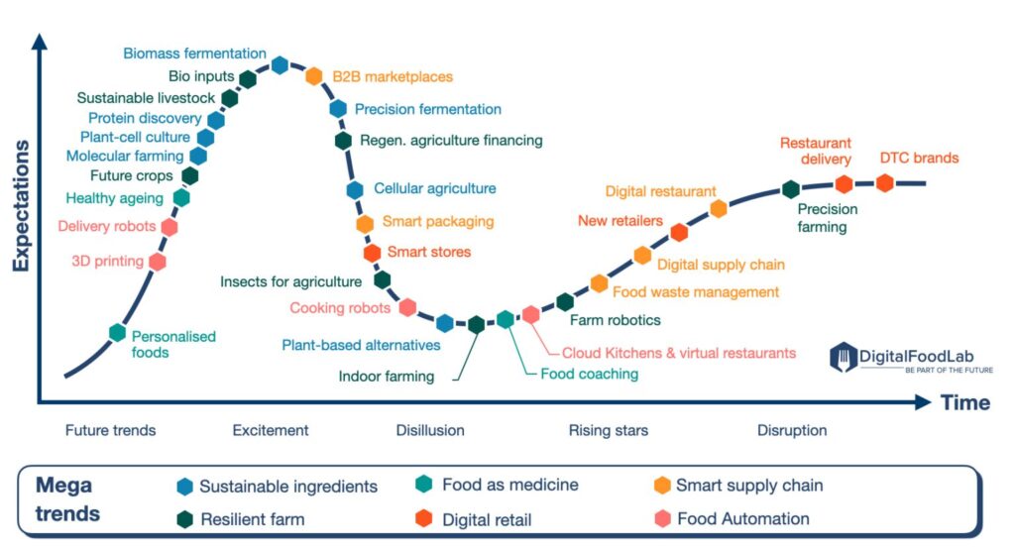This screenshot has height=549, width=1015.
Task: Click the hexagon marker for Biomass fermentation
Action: click(x=280, y=64)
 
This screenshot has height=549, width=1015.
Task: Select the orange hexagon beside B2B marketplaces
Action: click(x=314, y=75)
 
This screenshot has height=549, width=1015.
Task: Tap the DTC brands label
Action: click(x=919, y=158)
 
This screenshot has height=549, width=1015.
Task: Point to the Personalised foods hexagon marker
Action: click(x=117, y=333)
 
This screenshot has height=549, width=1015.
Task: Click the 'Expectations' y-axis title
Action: click(x=21, y=206)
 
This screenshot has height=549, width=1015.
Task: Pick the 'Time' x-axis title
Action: click(x=965, y=402)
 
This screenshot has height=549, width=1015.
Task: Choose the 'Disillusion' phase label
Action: click(x=430, y=430)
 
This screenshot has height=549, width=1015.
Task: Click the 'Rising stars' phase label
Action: click(x=608, y=430)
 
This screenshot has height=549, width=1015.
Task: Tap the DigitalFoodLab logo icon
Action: click(x=843, y=357)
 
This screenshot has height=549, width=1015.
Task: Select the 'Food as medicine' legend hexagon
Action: click(x=424, y=485)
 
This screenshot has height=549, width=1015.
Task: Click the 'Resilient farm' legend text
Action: click(x=253, y=519)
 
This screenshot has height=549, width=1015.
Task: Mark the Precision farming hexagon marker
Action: click(x=790, y=189)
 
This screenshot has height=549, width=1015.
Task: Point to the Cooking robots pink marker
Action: click(x=407, y=307)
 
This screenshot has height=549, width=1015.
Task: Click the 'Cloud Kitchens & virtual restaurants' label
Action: click(x=678, y=353)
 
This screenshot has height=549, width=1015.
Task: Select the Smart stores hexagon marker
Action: click(x=373, y=253)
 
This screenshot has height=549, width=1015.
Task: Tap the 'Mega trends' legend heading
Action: click(x=68, y=499)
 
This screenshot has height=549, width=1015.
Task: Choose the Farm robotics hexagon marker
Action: click(x=565, y=301)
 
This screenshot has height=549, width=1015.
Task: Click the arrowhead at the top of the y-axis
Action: click(x=40, y=41)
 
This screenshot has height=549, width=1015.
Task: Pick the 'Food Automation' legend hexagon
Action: click(x=662, y=518)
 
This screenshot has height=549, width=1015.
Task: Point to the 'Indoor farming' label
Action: click(x=387, y=377)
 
